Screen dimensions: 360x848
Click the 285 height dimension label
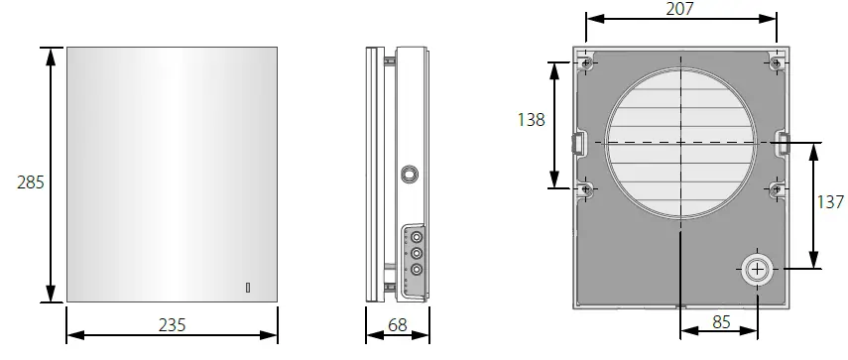30,182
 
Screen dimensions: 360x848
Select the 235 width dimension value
171,325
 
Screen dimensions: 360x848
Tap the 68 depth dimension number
397,325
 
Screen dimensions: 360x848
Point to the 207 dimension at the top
679,9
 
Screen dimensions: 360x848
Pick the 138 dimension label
532,120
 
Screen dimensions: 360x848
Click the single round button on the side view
408,175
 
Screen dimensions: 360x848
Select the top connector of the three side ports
417,238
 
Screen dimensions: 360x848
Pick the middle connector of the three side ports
417,254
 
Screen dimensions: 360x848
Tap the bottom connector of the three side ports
417,270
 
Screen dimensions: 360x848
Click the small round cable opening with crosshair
758,268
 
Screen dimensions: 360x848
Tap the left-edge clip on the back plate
577,144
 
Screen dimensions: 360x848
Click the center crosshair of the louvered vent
681,144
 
